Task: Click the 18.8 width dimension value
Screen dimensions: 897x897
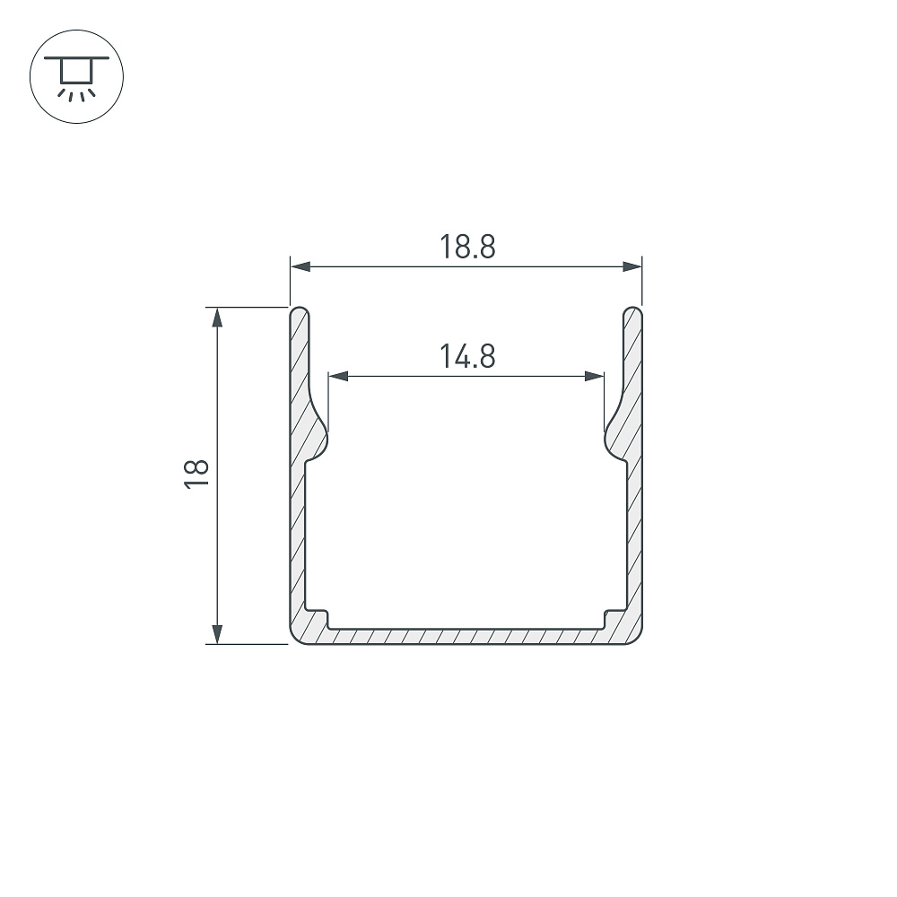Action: [466, 247]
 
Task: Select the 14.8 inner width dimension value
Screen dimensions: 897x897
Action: [466, 356]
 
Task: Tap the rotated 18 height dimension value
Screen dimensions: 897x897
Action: [196, 473]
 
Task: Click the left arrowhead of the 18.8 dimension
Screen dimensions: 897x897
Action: [300, 266]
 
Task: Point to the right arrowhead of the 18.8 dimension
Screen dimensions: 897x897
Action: [632, 266]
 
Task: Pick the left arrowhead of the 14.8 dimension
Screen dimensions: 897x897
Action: [338, 376]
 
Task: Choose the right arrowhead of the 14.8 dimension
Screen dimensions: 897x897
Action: [595, 376]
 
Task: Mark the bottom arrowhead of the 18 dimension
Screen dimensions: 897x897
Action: [217, 634]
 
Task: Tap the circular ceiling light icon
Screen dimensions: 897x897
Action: [76, 76]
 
